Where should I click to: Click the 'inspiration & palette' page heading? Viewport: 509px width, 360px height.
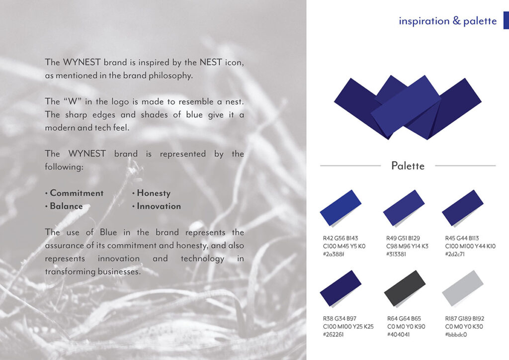coord(448,21)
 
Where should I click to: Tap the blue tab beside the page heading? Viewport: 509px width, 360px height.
coord(506,20)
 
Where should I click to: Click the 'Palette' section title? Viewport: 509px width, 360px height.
coord(408,166)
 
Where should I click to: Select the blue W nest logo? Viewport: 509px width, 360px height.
coord(408,107)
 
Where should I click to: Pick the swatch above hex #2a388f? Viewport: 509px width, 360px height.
coord(340,208)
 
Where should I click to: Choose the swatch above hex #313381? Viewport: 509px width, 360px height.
coord(404,208)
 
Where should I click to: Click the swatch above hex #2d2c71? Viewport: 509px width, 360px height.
coord(463,208)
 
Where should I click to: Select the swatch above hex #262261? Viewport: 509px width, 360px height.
coord(340,288)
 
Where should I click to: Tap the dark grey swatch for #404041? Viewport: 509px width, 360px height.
coord(405,288)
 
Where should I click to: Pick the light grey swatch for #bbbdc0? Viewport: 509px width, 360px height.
coord(463,288)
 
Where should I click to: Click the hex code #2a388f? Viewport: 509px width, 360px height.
coord(334,254)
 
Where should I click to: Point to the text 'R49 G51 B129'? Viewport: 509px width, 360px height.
coord(403,238)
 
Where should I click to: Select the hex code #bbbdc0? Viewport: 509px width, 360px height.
coord(456,335)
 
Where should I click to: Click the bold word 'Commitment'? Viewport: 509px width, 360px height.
coord(77,193)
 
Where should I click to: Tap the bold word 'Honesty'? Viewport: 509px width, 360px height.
coord(154,193)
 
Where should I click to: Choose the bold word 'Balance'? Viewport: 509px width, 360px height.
coord(66,206)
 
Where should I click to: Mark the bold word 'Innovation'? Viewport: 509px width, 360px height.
coord(159,206)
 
